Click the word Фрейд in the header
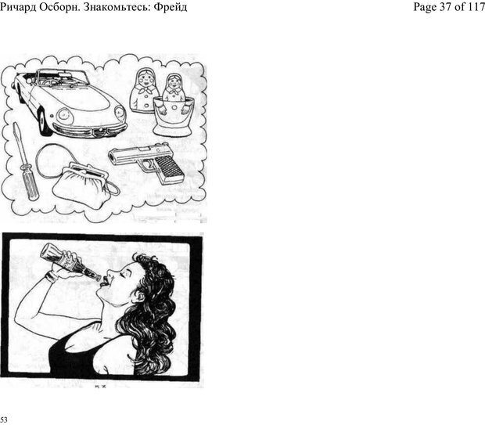171,6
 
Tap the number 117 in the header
476,6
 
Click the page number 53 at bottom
4,420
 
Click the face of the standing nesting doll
144,80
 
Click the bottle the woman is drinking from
70,262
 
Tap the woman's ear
140,297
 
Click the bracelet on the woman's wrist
51,277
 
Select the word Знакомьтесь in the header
117,6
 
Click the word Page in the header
425,7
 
